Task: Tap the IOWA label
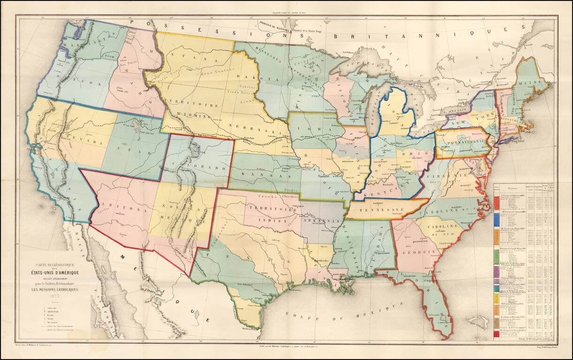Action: click(x=311, y=127)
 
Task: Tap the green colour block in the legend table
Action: click(x=497, y=255)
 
